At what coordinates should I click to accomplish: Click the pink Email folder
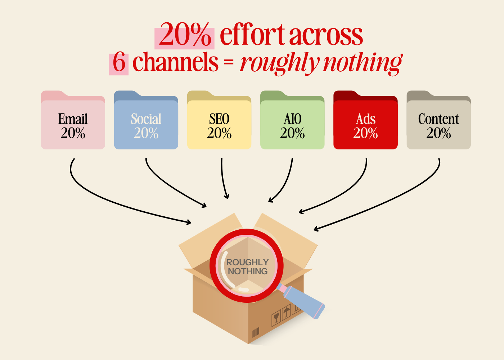click(x=73, y=120)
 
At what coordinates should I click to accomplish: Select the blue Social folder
click(x=146, y=120)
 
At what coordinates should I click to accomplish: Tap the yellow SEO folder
click(x=219, y=120)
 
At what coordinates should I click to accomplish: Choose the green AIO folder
click(x=292, y=120)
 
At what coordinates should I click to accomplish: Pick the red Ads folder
click(x=365, y=120)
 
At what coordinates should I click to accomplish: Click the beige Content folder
click(x=438, y=120)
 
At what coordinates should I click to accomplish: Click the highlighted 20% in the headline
click(x=184, y=35)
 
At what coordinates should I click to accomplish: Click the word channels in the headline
click(x=176, y=62)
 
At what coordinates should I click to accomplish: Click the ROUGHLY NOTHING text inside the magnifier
click(x=248, y=267)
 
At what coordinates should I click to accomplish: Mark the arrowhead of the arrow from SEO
click(x=227, y=196)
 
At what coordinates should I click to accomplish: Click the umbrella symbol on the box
click(x=287, y=312)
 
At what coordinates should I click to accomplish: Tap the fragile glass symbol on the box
click(x=276, y=318)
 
